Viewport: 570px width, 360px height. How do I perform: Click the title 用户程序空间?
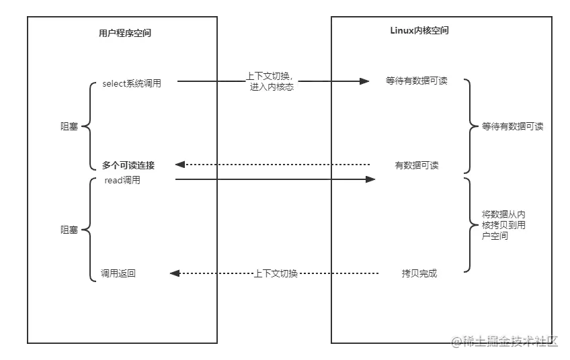[x=124, y=32]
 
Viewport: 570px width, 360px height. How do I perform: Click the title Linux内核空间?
[x=419, y=31]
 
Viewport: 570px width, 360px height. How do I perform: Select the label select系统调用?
[x=131, y=84]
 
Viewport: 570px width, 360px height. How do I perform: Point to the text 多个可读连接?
[x=128, y=165]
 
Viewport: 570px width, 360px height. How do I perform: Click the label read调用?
[x=122, y=181]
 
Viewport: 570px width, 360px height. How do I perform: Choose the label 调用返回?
[x=118, y=273]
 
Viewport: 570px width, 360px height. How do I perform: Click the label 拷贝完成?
[x=419, y=273]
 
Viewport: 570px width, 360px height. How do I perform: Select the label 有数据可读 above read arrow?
[x=416, y=165]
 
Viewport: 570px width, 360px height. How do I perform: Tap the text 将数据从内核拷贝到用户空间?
[x=503, y=225]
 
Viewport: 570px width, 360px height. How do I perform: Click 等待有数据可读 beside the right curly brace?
[x=512, y=126]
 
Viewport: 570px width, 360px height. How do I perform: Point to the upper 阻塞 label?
[x=69, y=126]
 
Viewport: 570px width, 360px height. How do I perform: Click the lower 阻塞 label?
[x=69, y=229]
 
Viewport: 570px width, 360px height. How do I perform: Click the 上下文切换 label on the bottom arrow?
[x=276, y=273]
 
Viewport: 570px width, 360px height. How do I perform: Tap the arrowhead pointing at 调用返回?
[x=175, y=273]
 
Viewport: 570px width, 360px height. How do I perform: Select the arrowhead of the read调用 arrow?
[x=370, y=179]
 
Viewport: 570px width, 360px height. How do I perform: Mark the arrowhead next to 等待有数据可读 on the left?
[x=364, y=81]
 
